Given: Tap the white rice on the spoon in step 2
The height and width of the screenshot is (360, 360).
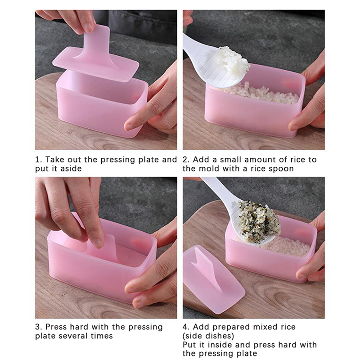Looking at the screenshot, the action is coord(234,60).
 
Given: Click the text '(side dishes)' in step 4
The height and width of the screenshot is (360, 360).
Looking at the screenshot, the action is coord(208,336).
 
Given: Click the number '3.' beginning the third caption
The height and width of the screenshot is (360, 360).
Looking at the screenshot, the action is coord(39,327).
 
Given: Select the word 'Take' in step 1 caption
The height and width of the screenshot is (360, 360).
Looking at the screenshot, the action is coord(53,160).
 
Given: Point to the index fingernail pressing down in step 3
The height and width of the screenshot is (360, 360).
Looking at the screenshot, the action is coord(98,243).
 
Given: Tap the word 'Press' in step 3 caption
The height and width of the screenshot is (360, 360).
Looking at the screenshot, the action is coord(56,327).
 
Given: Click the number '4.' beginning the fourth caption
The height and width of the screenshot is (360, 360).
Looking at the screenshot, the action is coord(186,327).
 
